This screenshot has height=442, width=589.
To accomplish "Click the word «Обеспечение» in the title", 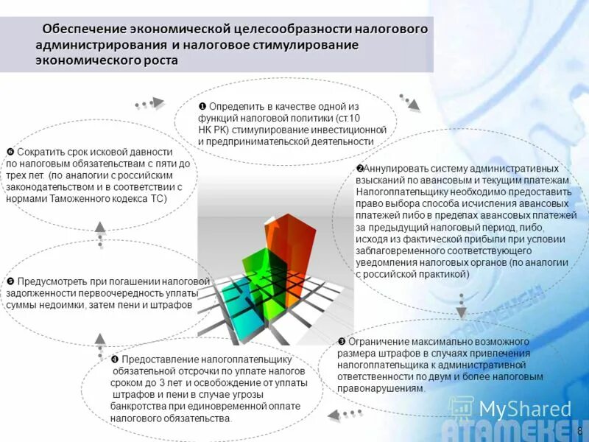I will (84, 29).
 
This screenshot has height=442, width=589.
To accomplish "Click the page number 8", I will (580, 431).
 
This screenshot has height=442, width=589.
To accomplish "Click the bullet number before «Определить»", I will (203, 106).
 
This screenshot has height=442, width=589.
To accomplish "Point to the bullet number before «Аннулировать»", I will (360, 169).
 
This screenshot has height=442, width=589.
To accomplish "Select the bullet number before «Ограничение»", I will (342, 342).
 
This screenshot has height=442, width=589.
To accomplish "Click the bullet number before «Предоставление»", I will (115, 359).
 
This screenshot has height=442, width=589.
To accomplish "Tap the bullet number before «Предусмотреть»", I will (10, 281).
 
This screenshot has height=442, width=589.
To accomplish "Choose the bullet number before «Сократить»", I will (10, 152).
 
